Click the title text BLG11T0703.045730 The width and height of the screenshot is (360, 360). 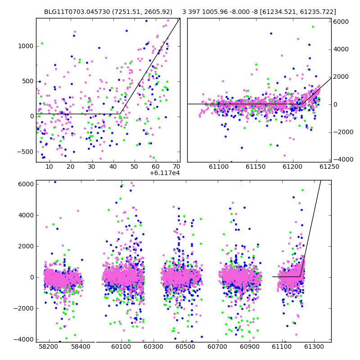point(77,12)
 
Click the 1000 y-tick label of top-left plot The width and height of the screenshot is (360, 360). point(26,46)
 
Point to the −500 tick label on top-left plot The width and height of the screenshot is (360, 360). point(25,152)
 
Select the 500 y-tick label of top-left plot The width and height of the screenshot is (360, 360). point(28,81)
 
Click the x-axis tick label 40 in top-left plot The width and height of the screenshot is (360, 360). point(113,166)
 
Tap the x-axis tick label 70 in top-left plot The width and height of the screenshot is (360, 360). point(177,166)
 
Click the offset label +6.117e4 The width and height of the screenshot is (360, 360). point(165,173)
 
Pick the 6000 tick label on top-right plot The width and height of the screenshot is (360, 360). point(341,22)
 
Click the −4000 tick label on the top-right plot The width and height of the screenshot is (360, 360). point(343,159)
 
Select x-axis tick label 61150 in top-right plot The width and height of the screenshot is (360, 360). point(256,166)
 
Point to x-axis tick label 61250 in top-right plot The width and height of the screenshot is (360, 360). point(329,166)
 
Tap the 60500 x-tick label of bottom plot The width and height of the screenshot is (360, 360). point(185,346)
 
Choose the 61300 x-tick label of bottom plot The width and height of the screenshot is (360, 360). point(314,346)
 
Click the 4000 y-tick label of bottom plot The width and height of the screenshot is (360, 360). point(26,216)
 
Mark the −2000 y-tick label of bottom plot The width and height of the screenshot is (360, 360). point(24,308)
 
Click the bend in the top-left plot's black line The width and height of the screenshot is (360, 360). point(120,114)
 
